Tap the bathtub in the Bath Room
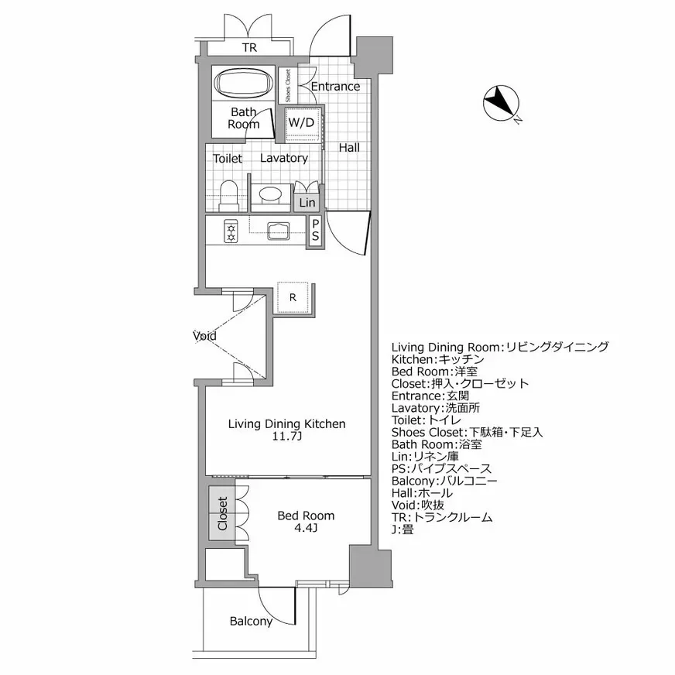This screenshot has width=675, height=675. pyautogui.click(x=243, y=84)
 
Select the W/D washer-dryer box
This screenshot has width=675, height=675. pyautogui.click(x=302, y=123)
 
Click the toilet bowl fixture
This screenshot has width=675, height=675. pyautogui.click(x=228, y=196)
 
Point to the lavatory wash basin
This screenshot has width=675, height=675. pyautogui.click(x=270, y=194)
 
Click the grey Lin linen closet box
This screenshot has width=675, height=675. pyautogui.click(x=307, y=202)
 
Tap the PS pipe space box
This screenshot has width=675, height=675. pyautogui.click(x=316, y=231)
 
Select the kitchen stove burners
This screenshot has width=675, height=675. pyautogui.click(x=230, y=231)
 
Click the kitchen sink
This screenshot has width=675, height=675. pyautogui.click(x=276, y=230)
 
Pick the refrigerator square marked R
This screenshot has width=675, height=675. pyautogui.click(x=294, y=297)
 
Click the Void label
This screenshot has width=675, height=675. pyautogui.click(x=205, y=337)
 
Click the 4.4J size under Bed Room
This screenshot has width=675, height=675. pyautogui.click(x=306, y=529)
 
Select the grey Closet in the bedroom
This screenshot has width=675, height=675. pyautogui.click(x=222, y=513)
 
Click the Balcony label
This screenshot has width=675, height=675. pyautogui.click(x=251, y=622)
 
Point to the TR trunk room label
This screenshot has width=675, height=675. pyautogui.click(x=248, y=48)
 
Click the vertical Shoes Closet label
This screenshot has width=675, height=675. pyautogui.click(x=288, y=86)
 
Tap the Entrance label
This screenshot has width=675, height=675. pyautogui.click(x=335, y=86)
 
